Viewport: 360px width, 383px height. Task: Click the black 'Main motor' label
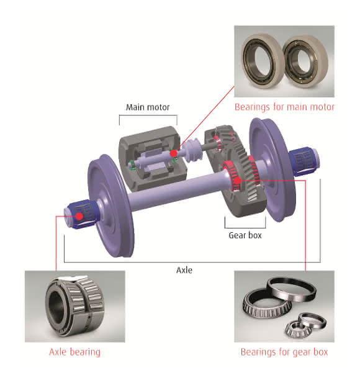tap(148, 107)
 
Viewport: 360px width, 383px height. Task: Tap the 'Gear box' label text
tap(245, 235)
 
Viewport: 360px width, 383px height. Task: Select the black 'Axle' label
tap(184, 270)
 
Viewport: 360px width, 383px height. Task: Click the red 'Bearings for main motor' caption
tap(284, 107)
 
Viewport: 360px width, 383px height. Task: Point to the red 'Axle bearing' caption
tap(74, 352)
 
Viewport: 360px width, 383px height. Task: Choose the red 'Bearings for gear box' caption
tap(284, 352)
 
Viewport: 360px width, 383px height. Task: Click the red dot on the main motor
tap(173, 153)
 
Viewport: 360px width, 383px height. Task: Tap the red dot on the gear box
tap(237, 181)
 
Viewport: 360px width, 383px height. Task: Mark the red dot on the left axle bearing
tap(79, 216)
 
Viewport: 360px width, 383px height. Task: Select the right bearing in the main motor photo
tap(305, 61)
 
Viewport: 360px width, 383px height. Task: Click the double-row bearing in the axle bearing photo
tap(74, 306)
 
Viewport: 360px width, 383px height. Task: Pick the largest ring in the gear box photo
tap(291, 290)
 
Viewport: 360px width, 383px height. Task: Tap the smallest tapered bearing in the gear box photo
tap(298, 329)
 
